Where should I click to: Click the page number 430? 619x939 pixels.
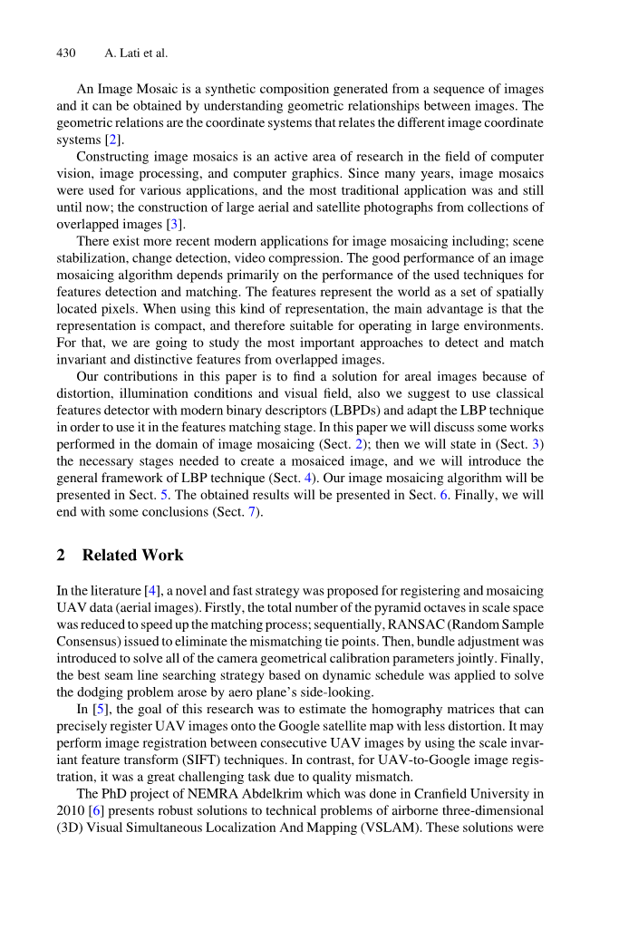pos(66,53)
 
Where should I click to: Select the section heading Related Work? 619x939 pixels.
pos(132,555)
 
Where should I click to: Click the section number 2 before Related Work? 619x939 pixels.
pos(61,555)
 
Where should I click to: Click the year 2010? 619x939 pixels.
pos(70,809)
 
